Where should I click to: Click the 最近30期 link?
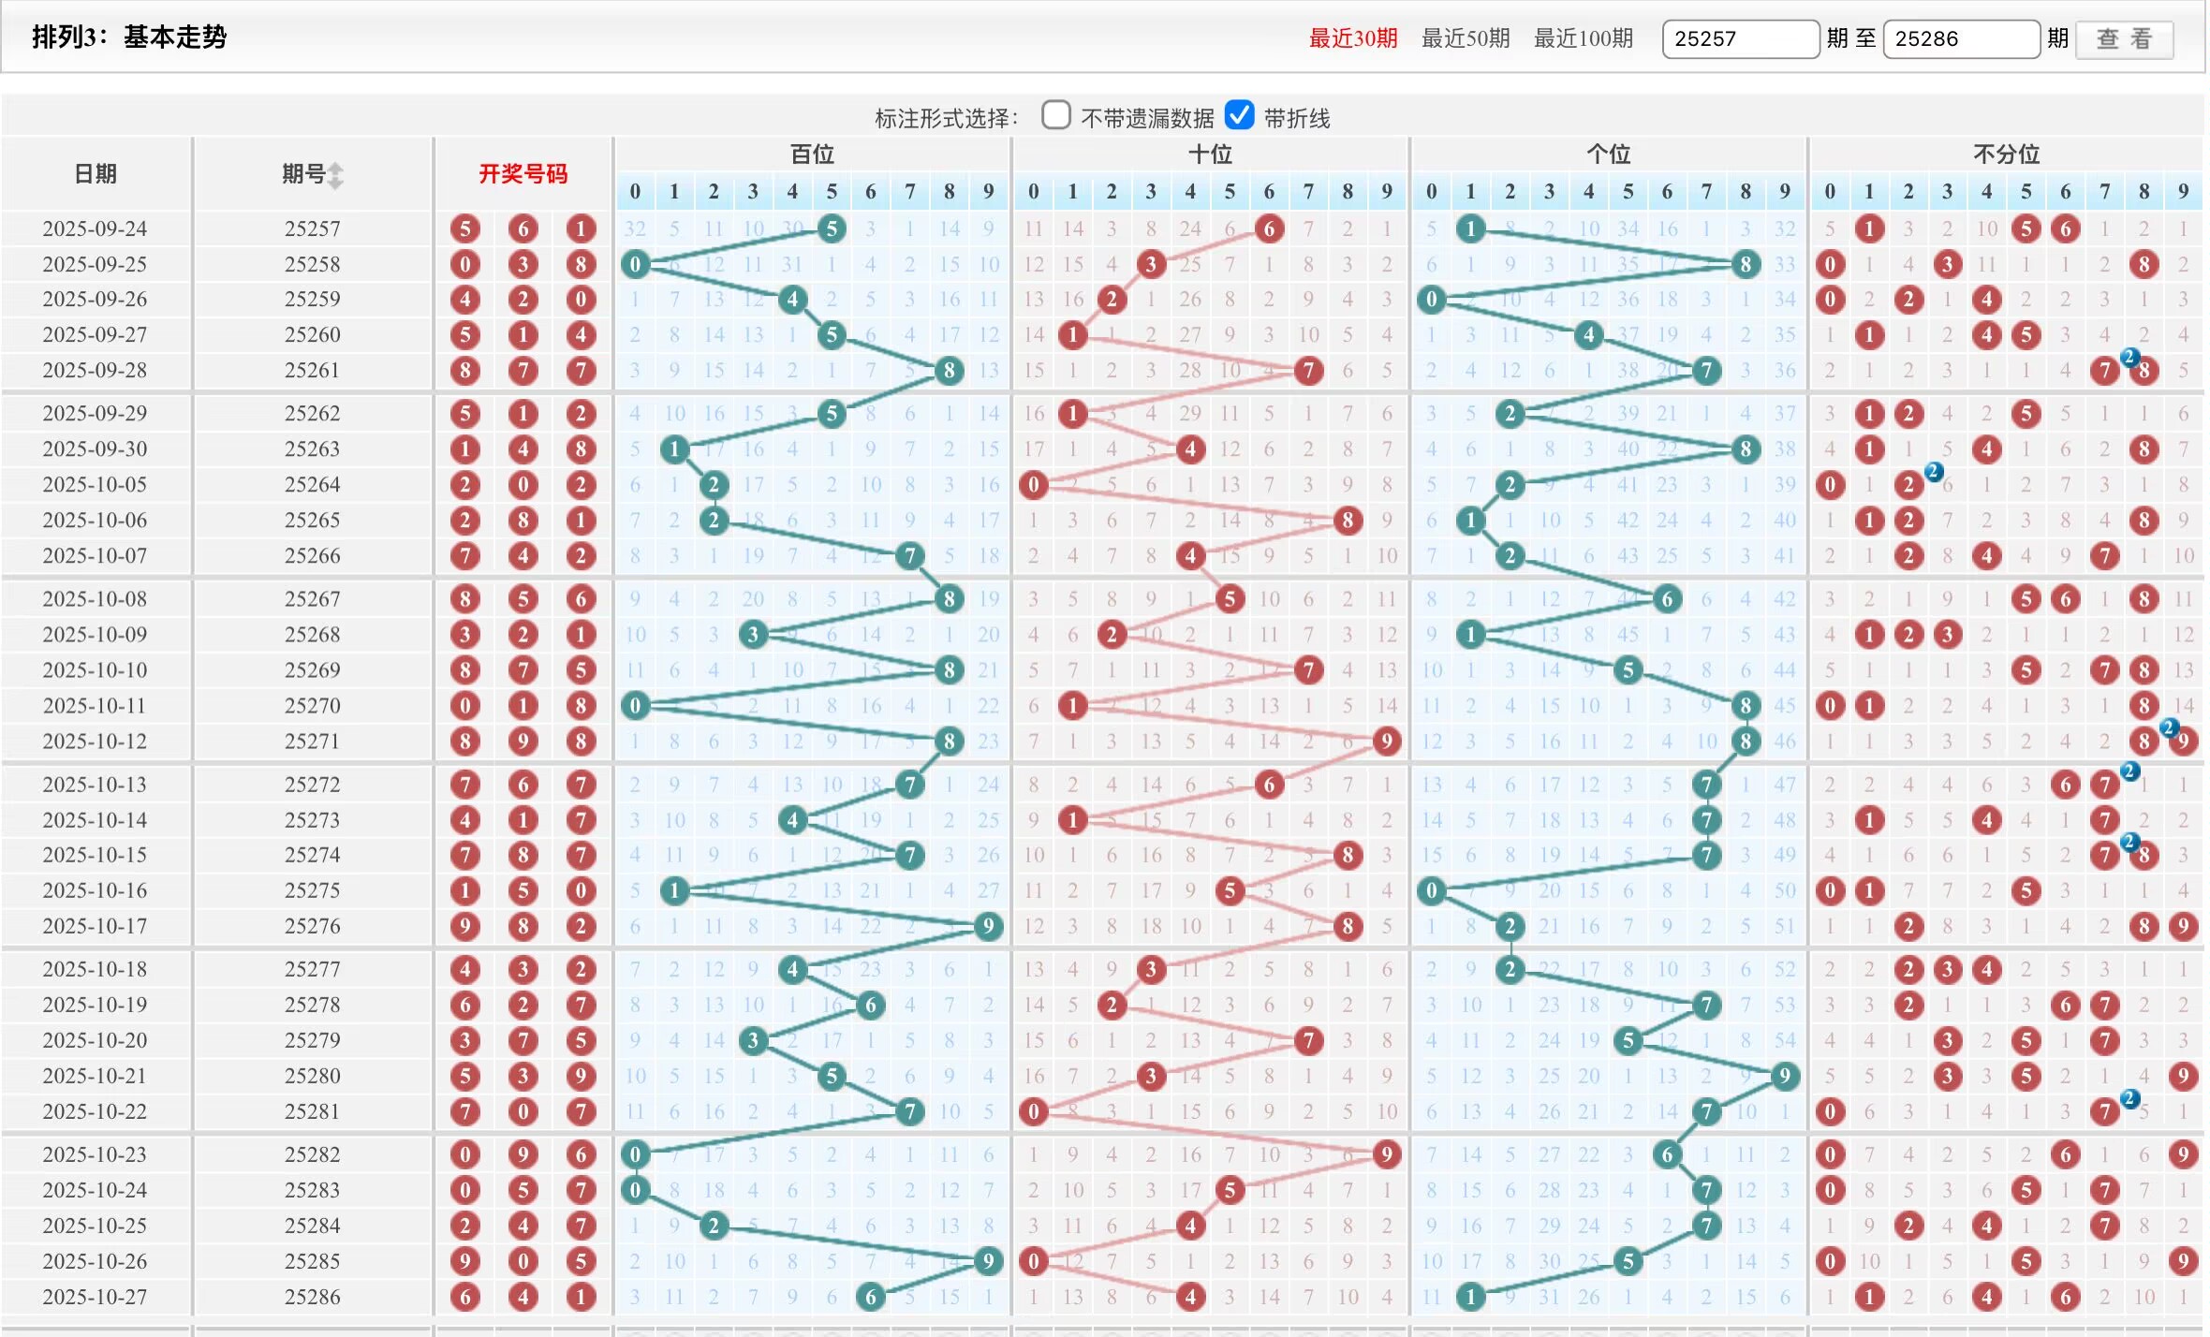click(1352, 38)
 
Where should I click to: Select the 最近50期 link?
click(1465, 38)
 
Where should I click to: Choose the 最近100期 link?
click(1583, 38)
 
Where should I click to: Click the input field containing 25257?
click(1740, 39)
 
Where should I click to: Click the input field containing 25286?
click(1961, 39)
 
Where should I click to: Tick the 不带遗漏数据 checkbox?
click(1055, 115)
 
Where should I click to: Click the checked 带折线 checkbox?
click(1239, 115)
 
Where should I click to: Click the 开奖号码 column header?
click(523, 174)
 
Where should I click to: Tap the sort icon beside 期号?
click(335, 175)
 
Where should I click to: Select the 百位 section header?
click(811, 154)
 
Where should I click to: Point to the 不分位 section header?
click(2006, 154)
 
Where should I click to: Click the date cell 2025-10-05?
click(95, 485)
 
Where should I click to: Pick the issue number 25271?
click(312, 742)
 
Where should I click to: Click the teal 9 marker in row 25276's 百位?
click(988, 927)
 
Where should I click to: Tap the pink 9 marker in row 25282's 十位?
click(1386, 1154)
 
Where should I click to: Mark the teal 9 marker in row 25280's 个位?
click(1784, 1076)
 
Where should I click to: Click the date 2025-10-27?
click(95, 1297)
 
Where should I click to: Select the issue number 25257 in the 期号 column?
click(312, 228)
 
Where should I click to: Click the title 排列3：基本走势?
click(129, 37)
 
